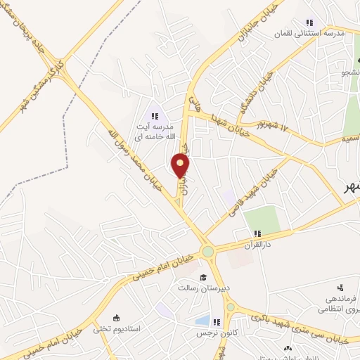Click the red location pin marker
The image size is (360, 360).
(x=181, y=165)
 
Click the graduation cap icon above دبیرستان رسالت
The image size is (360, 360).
(x=202, y=277)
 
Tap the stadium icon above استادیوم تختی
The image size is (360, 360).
(x=116, y=318)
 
